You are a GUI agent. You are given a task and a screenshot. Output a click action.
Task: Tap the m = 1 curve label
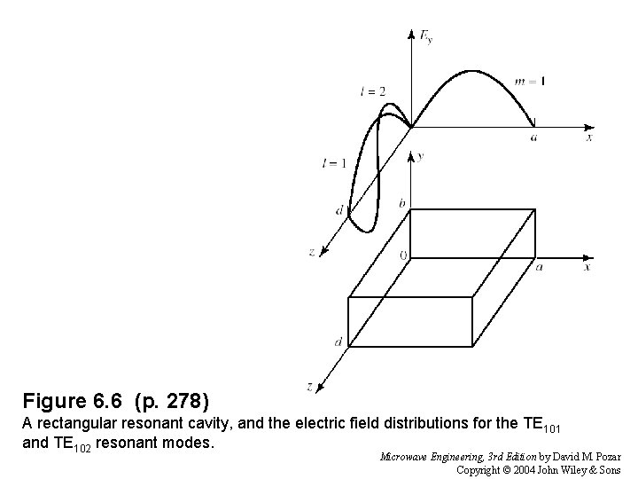pos(530,82)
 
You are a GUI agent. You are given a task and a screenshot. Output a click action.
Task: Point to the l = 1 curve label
pos(334,162)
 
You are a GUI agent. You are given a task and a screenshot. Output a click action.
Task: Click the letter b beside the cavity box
pos(401,204)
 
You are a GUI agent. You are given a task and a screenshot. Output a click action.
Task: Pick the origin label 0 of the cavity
pos(403,255)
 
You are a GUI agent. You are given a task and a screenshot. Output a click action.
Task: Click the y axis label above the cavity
pos(419,156)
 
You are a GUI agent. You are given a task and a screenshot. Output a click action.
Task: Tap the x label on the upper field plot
pos(588,137)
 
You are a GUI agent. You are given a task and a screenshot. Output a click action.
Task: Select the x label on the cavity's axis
pos(588,266)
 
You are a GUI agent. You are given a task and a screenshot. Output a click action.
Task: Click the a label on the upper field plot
pos(533,137)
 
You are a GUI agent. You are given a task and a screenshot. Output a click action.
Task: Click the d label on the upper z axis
pos(339,210)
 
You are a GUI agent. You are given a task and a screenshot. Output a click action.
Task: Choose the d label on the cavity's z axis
pos(338,342)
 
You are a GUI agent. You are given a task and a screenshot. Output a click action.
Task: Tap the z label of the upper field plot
pos(312,252)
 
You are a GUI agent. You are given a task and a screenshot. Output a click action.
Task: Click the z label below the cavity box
pos(308,386)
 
